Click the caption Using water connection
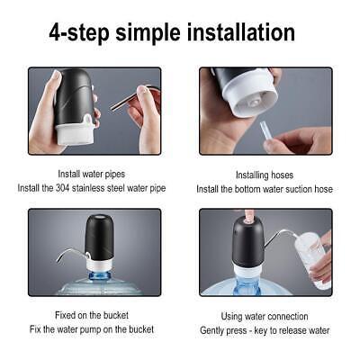coord(265,316)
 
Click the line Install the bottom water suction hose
coord(265,189)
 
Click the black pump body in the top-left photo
coord(75,94)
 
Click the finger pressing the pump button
coord(249,216)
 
